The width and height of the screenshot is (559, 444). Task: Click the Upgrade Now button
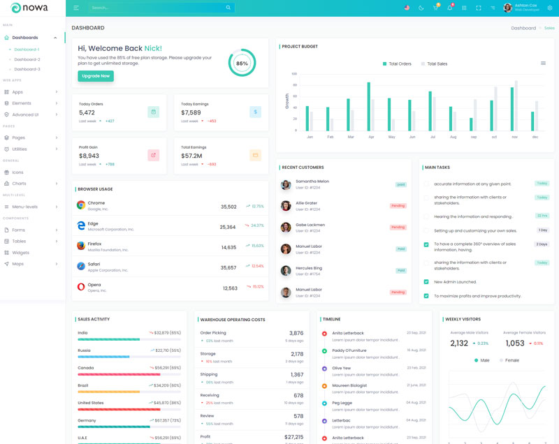pos(96,75)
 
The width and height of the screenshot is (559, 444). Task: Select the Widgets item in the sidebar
pos(20,252)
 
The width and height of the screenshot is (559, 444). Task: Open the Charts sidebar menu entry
pos(19,184)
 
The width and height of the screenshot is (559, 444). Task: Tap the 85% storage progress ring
pos(242,63)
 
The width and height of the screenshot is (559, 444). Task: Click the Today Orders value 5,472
pos(87,112)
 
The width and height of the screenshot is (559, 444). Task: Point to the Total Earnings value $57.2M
pos(191,156)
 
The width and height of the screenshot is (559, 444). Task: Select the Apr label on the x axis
pos(371,137)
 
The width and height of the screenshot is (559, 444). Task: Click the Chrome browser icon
pos(81,205)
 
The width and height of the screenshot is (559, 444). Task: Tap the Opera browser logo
pos(81,286)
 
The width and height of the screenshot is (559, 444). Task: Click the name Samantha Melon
pos(312,181)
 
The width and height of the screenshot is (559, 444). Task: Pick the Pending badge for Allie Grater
pos(398,206)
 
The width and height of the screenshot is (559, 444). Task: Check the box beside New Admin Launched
pos(426,282)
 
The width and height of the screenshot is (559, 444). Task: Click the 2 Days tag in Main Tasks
pos(542,244)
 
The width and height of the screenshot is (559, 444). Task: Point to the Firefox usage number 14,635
pos(228,247)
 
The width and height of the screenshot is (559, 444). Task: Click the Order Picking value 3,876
pos(296,333)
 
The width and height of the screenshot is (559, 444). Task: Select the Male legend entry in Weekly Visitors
pos(481,360)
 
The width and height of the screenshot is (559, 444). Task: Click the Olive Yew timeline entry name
pos(342,368)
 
